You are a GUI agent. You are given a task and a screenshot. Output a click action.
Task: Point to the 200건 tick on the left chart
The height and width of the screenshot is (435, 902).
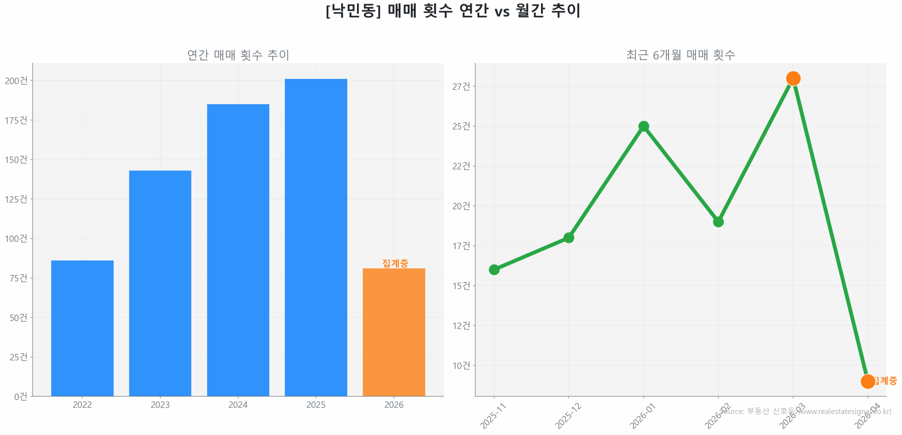[16, 81]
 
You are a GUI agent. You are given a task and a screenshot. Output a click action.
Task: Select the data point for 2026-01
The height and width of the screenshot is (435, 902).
[643, 126]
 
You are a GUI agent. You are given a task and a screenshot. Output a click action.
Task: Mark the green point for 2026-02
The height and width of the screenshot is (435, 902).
[718, 222]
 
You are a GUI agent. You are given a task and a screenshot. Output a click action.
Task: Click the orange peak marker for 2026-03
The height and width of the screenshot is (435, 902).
[792, 78]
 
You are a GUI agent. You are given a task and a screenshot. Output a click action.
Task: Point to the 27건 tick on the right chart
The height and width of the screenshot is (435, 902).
[461, 86]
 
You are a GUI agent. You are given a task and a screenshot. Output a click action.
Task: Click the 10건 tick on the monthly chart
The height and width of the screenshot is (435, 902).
[461, 365]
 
